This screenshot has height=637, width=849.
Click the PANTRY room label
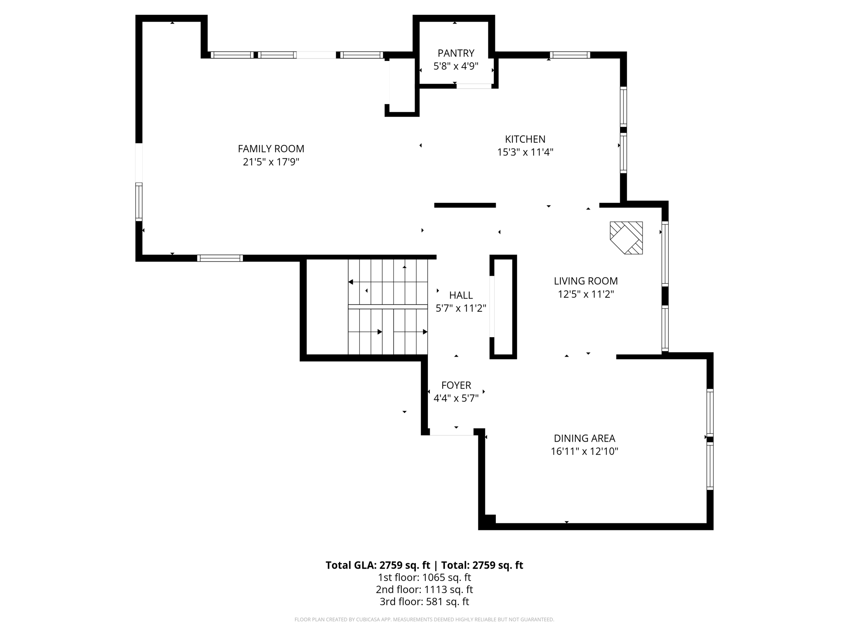coord(456,53)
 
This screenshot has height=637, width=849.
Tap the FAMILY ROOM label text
coord(271,148)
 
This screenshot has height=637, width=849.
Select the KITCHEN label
coord(525,139)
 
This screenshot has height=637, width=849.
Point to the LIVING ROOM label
coord(586,281)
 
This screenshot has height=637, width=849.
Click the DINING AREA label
coord(585,438)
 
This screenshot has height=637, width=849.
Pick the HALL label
coord(461,295)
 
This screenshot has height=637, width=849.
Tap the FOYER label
coord(456,385)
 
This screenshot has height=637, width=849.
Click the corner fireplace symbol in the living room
coord(626,238)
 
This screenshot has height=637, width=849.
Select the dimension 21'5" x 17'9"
coord(271,162)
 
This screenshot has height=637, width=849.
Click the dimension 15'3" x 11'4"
coord(525,152)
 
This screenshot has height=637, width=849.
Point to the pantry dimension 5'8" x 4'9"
coord(456,66)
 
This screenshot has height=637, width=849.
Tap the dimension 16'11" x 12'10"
coord(585,451)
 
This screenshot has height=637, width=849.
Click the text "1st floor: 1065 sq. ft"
coord(424,577)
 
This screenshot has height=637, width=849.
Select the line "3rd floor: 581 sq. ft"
coord(424,601)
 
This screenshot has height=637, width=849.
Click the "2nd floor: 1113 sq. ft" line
coord(424,589)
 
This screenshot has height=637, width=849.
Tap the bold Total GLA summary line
coord(424,565)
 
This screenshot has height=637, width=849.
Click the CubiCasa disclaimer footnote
coord(424,620)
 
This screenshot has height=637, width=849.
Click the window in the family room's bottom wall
coord(220,258)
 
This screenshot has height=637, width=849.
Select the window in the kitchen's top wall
coord(570,55)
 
